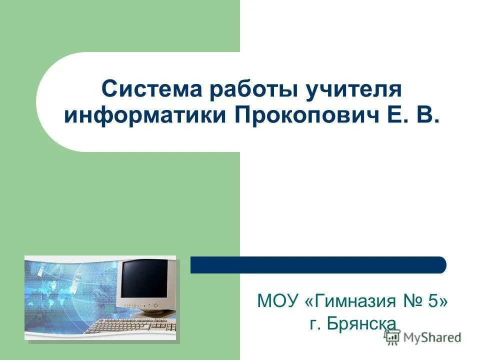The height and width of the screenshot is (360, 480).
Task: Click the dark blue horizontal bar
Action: pyautogui.click(x=318, y=264)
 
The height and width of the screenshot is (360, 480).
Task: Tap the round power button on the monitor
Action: pyautogui.click(x=156, y=305)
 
